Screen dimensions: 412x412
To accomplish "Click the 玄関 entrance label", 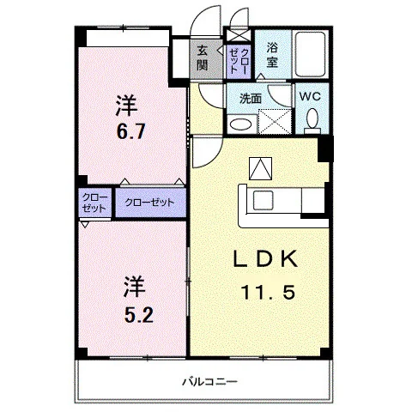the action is pyautogui.click(x=202, y=58).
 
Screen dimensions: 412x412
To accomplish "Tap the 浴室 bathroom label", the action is pyautogui.click(x=272, y=55).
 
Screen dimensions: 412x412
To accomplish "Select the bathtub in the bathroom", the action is pyautogui.click(x=311, y=54).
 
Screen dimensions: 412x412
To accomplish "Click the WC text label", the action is pyautogui.click(x=310, y=96).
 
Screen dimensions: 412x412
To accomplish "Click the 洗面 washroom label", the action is pyautogui.click(x=251, y=99).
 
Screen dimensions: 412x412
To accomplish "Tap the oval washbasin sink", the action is pyautogui.click(x=241, y=124).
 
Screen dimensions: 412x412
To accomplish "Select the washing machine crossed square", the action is pyautogui.click(x=275, y=121).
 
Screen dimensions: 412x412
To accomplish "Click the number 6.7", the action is pyautogui.click(x=130, y=131).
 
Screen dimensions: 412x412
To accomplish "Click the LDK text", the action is pyautogui.click(x=265, y=258).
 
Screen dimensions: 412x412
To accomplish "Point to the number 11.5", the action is pyautogui.click(x=268, y=293).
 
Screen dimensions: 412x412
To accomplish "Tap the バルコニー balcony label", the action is pyautogui.click(x=210, y=381).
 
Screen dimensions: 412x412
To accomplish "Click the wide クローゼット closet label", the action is pyautogui.click(x=149, y=203).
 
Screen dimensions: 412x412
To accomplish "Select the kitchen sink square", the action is pyautogui.click(x=264, y=200).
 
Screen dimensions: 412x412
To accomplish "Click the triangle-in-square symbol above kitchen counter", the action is pyautogui.click(x=260, y=168).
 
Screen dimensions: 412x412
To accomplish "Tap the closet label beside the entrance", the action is pyautogui.click(x=238, y=61).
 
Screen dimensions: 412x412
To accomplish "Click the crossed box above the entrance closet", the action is pyautogui.click(x=239, y=35).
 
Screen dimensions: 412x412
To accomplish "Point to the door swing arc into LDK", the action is pyautogui.click(x=212, y=161).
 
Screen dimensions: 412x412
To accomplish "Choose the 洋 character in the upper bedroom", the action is pyautogui.click(x=127, y=106).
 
